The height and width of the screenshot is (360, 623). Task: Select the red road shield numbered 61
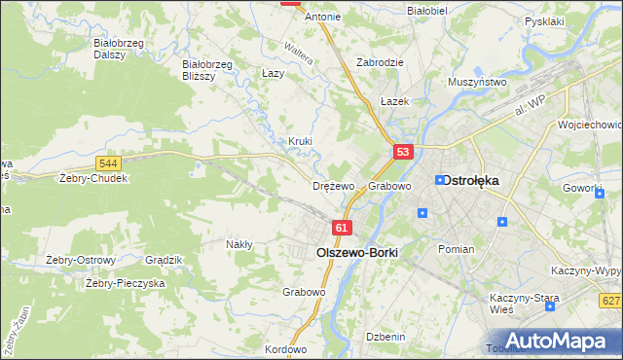[x=341, y=227]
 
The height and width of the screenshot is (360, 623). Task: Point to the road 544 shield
[x=109, y=163]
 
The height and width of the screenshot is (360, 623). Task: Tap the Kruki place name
[x=300, y=141]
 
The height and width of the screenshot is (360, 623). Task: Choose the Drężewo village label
[x=334, y=186]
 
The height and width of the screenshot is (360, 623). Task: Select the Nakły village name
[x=239, y=244]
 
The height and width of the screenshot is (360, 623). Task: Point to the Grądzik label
[x=164, y=260]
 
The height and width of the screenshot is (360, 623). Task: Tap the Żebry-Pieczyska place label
[x=125, y=283]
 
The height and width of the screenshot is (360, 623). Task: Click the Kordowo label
[x=285, y=349]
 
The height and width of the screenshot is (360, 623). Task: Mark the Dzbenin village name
[x=385, y=337]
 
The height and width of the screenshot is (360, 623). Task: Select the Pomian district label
[x=456, y=249]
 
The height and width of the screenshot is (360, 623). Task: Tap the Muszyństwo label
[x=477, y=83]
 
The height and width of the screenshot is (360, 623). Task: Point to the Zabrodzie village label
[x=380, y=61]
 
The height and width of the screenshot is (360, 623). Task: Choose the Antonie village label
[x=323, y=17]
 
